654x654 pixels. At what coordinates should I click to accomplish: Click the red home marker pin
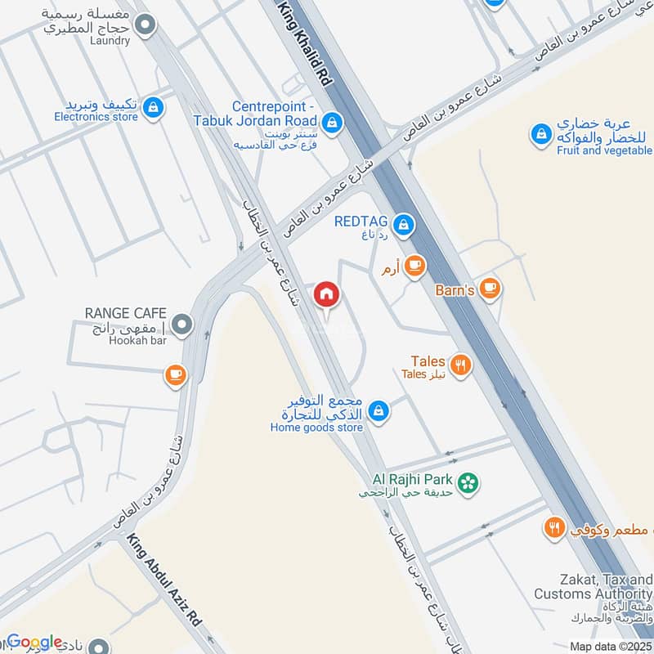point(326,293)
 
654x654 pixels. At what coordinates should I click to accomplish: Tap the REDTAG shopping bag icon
point(403,222)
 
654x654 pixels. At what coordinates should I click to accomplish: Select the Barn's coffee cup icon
point(490,287)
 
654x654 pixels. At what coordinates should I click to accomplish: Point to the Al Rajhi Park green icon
point(468,483)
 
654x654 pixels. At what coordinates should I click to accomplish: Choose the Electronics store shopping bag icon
point(152,107)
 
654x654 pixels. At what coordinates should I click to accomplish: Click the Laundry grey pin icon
point(146,25)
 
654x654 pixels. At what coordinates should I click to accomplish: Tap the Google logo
point(34,643)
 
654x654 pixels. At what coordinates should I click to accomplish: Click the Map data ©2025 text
point(610,647)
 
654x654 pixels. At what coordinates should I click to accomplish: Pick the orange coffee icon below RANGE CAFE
point(175,374)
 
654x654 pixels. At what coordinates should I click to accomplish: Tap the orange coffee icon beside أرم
point(415,265)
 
